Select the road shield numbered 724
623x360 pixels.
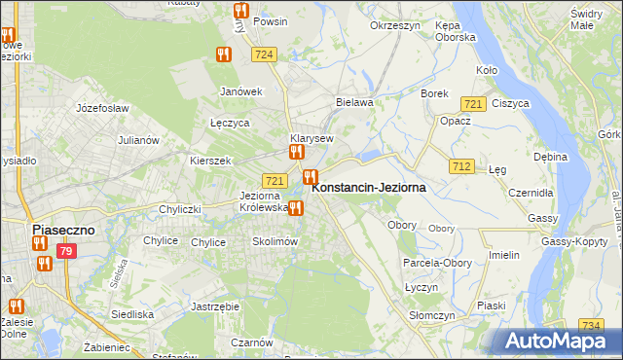click(x=261, y=55)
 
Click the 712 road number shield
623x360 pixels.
click(x=461, y=167)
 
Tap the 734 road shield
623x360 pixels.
click(x=589, y=325)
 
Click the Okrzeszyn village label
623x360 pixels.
click(x=394, y=25)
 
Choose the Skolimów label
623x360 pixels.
click(x=274, y=241)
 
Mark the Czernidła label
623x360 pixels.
click(x=531, y=193)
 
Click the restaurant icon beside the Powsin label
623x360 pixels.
click(x=240, y=12)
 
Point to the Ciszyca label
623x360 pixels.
click(x=510, y=103)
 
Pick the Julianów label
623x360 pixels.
click(x=138, y=140)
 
